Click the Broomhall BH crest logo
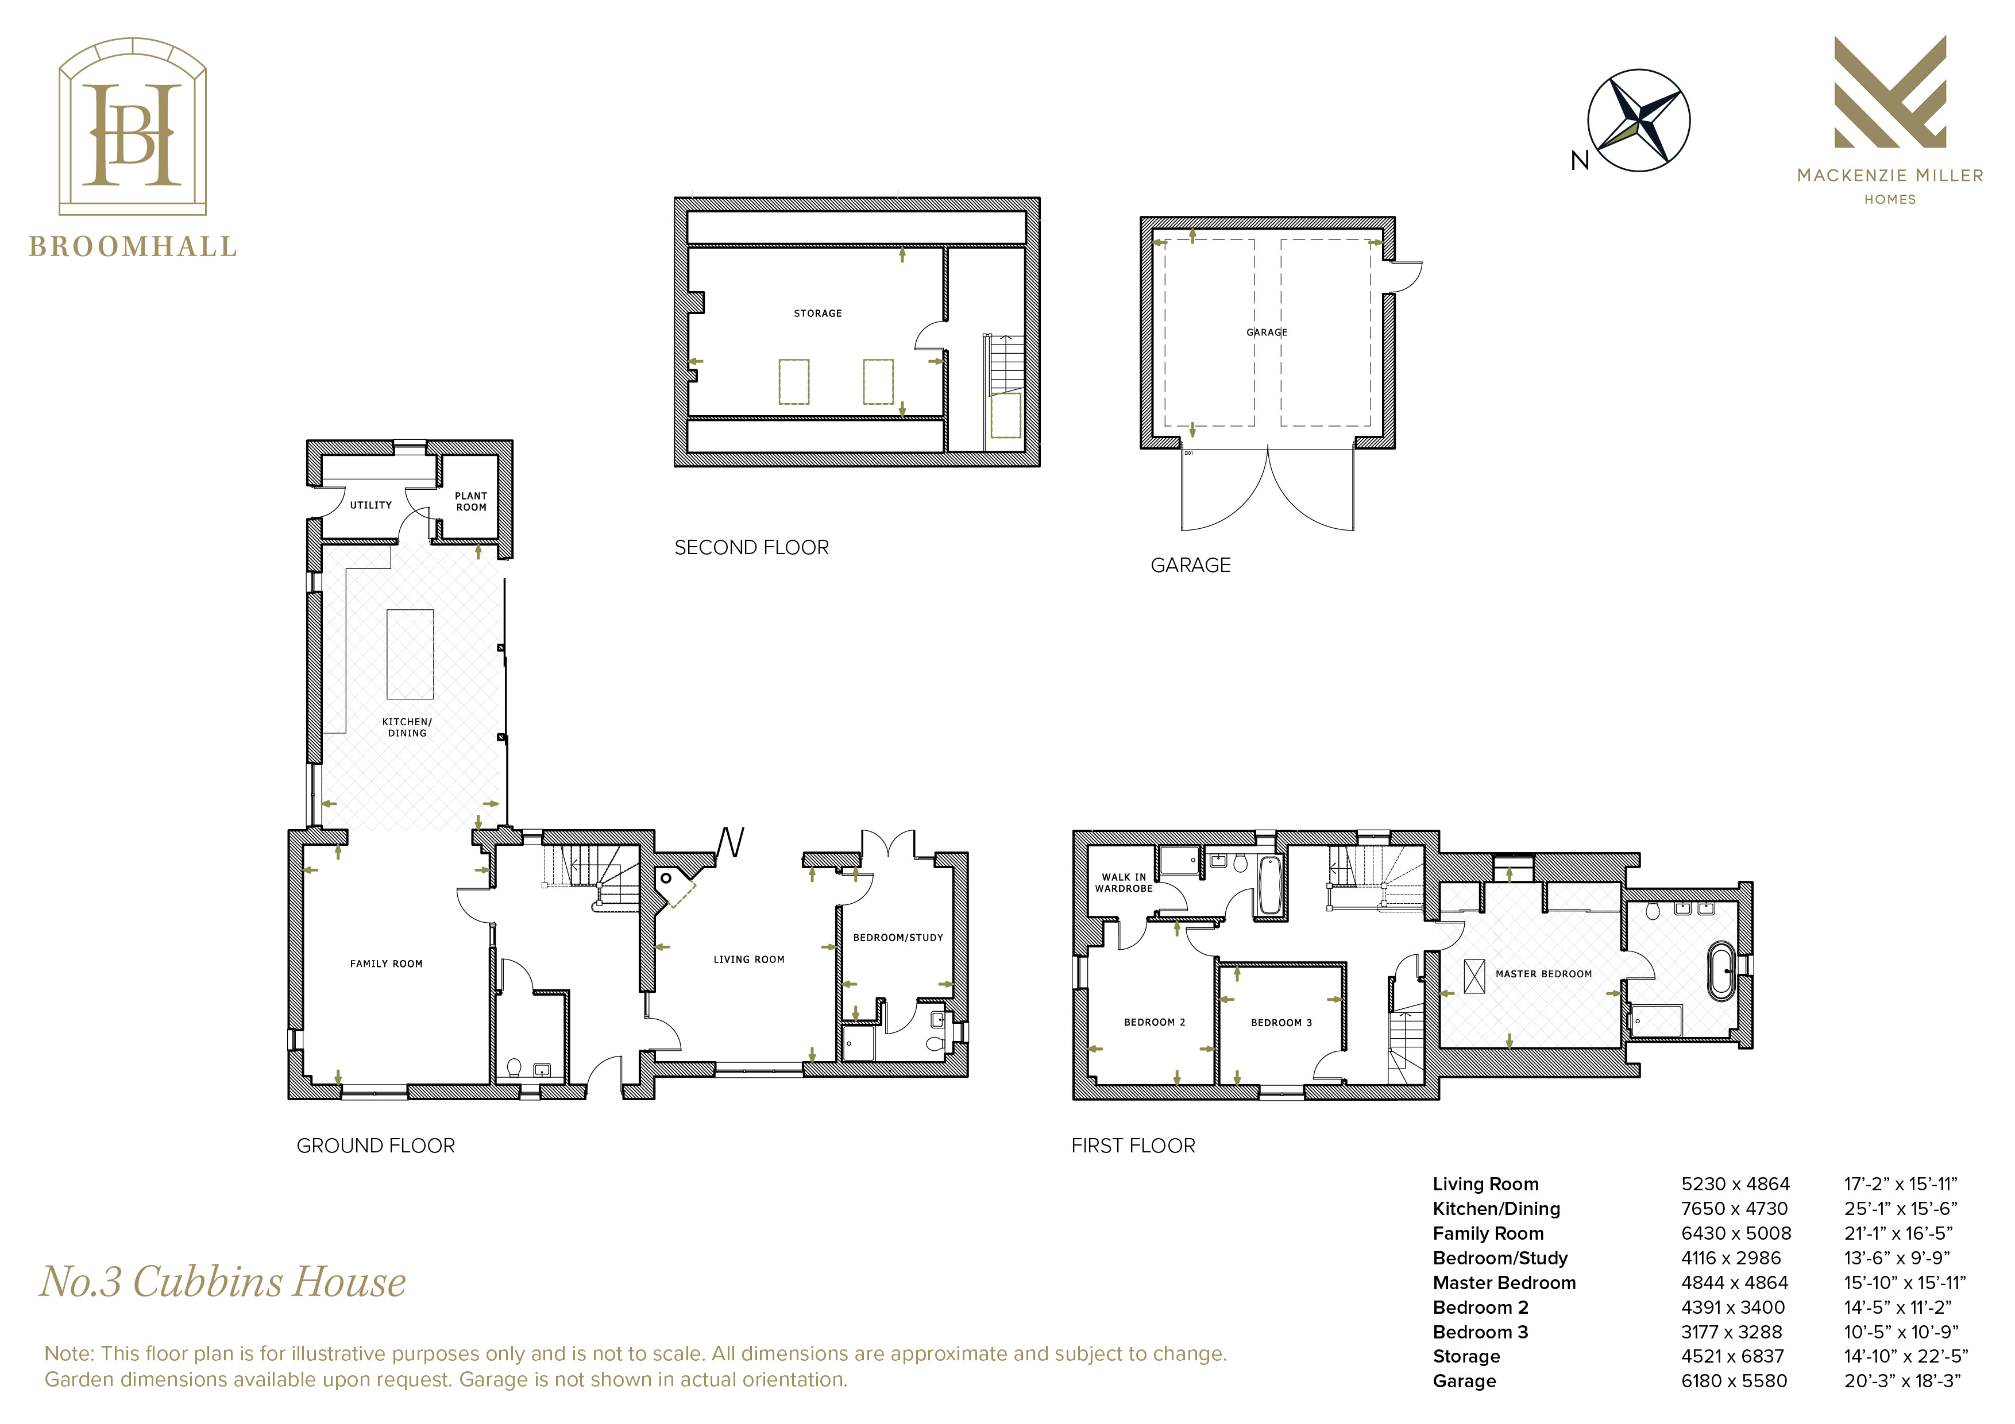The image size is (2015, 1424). [x=133, y=126]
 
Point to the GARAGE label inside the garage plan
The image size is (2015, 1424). [x=1267, y=332]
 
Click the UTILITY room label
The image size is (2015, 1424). [x=370, y=505]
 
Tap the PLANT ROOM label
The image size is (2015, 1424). [x=471, y=502]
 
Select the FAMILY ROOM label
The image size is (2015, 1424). [x=386, y=963]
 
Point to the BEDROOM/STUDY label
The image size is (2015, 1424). [x=898, y=937]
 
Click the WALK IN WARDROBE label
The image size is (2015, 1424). [x=1124, y=883]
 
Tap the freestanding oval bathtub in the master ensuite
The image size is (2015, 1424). [x=1722, y=972]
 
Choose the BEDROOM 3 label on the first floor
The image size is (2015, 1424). [x=1281, y=1023]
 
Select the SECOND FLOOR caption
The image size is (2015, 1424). [x=751, y=547]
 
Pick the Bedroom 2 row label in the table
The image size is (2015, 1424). [x=1481, y=1307]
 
